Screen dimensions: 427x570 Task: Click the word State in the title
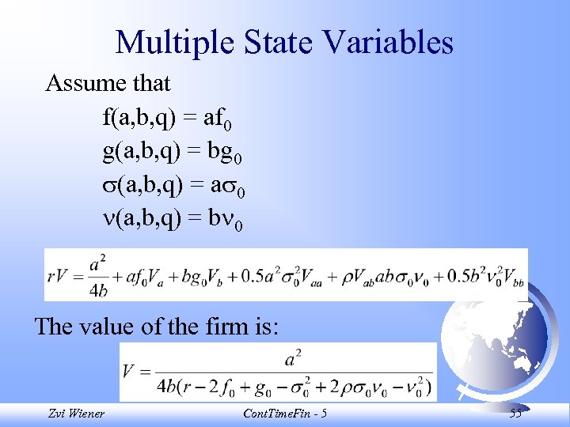pyautogui.click(x=267, y=43)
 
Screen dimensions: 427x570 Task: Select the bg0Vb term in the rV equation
pyautogui.click(x=211, y=275)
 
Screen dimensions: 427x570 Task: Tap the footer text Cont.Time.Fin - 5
pyautogui.click(x=286, y=414)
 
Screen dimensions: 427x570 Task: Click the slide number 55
pyautogui.click(x=515, y=414)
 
